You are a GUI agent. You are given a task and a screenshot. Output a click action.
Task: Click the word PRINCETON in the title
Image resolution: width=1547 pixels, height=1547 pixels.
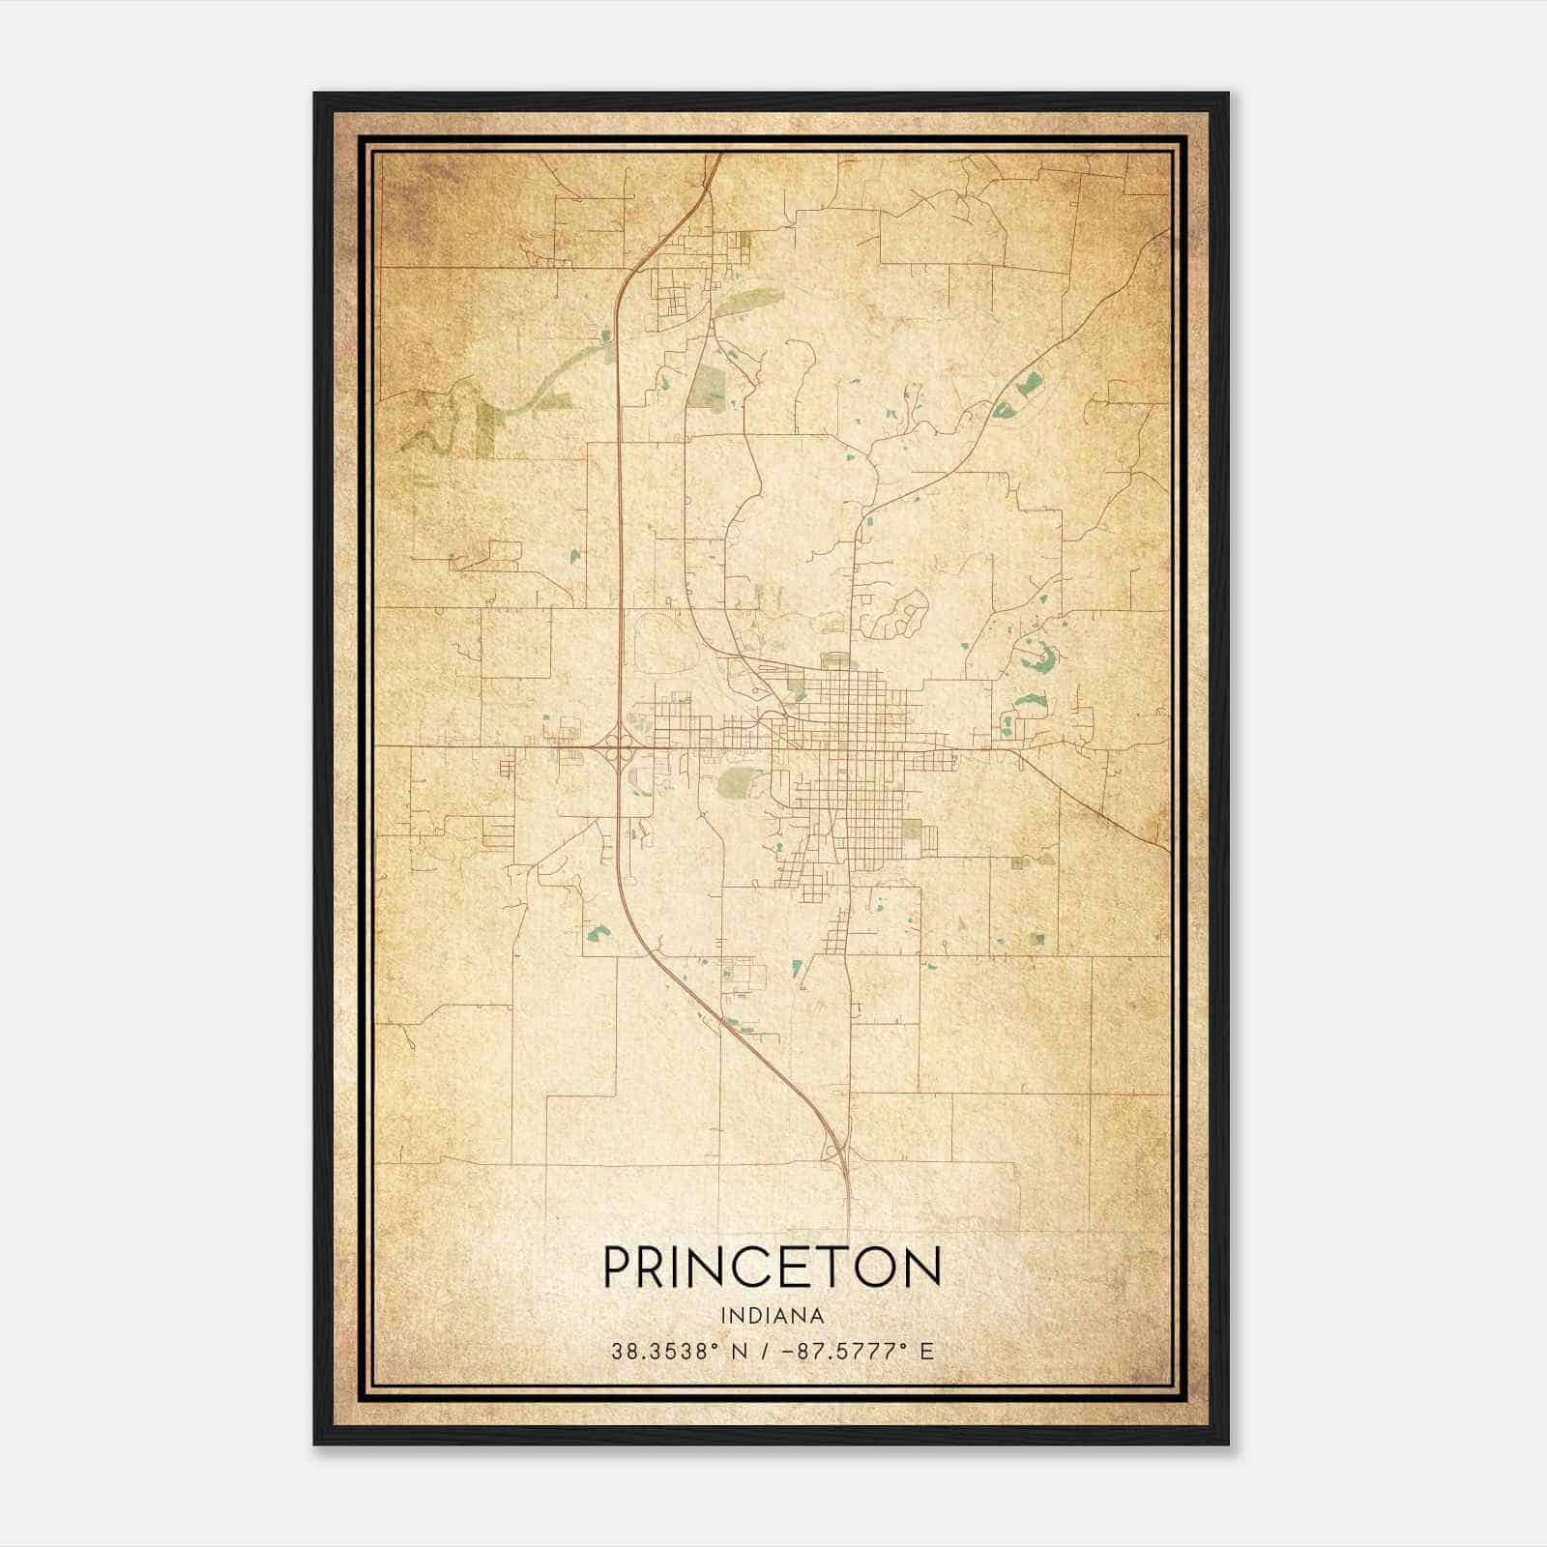tap(772, 1267)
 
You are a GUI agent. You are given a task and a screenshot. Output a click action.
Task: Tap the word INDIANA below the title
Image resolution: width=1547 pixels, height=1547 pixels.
tap(772, 1316)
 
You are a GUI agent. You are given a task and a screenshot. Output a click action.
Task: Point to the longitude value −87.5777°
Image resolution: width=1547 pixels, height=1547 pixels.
tap(842, 1351)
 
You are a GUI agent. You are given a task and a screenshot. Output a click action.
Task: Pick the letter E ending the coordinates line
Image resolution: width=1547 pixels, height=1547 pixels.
tap(926, 1351)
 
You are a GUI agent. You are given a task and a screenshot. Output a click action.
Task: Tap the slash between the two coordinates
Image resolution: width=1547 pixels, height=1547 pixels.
tap(766, 1351)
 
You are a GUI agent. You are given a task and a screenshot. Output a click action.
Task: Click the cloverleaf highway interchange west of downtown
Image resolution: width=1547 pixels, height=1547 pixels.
tap(617, 746)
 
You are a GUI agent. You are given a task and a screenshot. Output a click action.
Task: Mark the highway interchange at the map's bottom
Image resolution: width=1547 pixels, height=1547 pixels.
tap(833, 1151)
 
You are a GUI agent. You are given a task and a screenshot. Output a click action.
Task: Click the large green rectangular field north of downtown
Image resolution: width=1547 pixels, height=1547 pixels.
tap(708, 387)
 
